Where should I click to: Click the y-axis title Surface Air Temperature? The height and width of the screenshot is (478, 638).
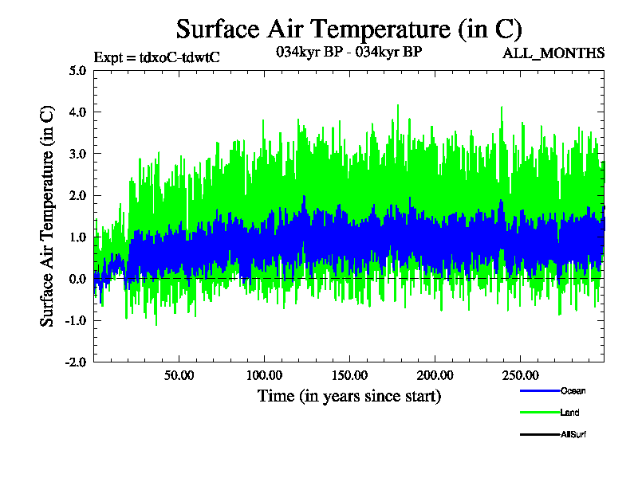[x=47, y=216]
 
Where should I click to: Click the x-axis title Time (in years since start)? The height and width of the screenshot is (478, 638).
[x=349, y=395]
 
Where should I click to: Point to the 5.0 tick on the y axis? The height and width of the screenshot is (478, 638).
[x=77, y=70]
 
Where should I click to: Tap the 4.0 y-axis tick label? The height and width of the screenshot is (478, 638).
[x=77, y=112]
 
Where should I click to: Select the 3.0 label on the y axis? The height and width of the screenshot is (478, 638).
[x=77, y=154]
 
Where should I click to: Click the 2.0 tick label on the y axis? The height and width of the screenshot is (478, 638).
[x=77, y=195]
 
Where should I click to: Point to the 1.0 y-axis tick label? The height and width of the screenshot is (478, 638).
[x=77, y=237]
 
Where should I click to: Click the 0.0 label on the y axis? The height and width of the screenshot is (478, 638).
[x=77, y=279]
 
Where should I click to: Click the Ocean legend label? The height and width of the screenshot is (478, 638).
[x=573, y=390]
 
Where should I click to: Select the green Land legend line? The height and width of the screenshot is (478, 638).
[x=538, y=413]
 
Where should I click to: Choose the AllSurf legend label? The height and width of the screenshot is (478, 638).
[x=574, y=434]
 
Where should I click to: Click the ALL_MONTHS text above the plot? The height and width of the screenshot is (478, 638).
[x=553, y=53]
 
